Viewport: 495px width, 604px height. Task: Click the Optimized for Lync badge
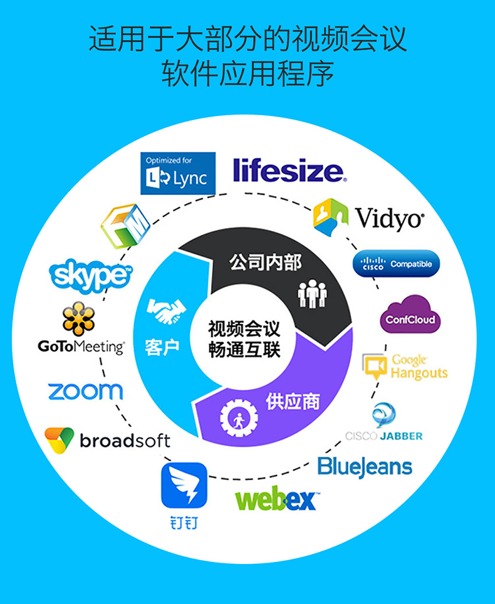point(178,174)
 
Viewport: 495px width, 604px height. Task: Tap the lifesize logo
point(290,170)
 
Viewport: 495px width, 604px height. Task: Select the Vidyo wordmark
point(390,219)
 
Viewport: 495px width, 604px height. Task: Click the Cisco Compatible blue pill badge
point(397,264)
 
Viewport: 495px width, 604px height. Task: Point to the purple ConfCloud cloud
point(410,315)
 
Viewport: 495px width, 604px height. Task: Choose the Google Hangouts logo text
point(419,367)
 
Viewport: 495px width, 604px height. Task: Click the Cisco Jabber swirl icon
point(383,415)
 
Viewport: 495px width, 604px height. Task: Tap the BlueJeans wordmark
point(365,467)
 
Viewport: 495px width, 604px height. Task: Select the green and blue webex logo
point(276,498)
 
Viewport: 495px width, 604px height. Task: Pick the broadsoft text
point(125,441)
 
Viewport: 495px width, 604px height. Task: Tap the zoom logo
point(85,392)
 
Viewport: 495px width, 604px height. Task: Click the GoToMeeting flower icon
point(78,318)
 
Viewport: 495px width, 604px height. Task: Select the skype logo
point(90,275)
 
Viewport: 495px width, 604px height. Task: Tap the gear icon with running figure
point(239,418)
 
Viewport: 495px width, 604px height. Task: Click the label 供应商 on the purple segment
point(293,402)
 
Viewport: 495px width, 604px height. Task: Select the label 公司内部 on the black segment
point(266,263)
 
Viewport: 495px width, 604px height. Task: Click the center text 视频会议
point(244,329)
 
